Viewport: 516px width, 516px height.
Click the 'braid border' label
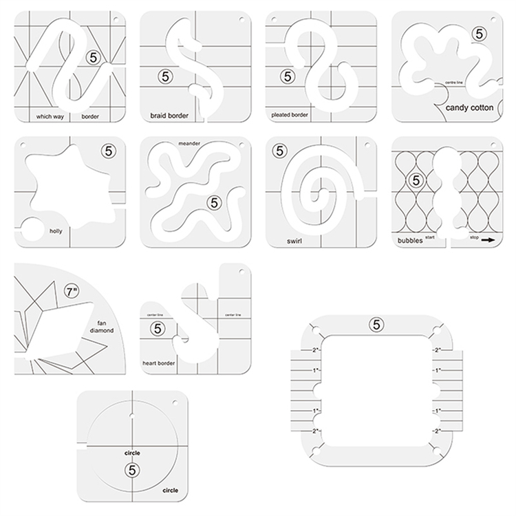(x=169, y=116)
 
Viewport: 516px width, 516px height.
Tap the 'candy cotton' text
(x=469, y=108)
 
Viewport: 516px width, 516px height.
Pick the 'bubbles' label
(x=409, y=241)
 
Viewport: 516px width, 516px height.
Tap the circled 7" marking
(x=72, y=292)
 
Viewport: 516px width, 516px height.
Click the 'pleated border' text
(x=290, y=115)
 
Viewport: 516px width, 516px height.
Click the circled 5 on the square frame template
(x=376, y=323)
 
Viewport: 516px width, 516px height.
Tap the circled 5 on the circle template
(x=131, y=469)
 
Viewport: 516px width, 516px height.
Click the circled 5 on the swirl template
(x=279, y=151)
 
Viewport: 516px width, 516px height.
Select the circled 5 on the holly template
(x=107, y=149)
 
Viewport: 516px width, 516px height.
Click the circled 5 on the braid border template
(x=164, y=76)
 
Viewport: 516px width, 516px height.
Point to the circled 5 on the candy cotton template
(x=478, y=32)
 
